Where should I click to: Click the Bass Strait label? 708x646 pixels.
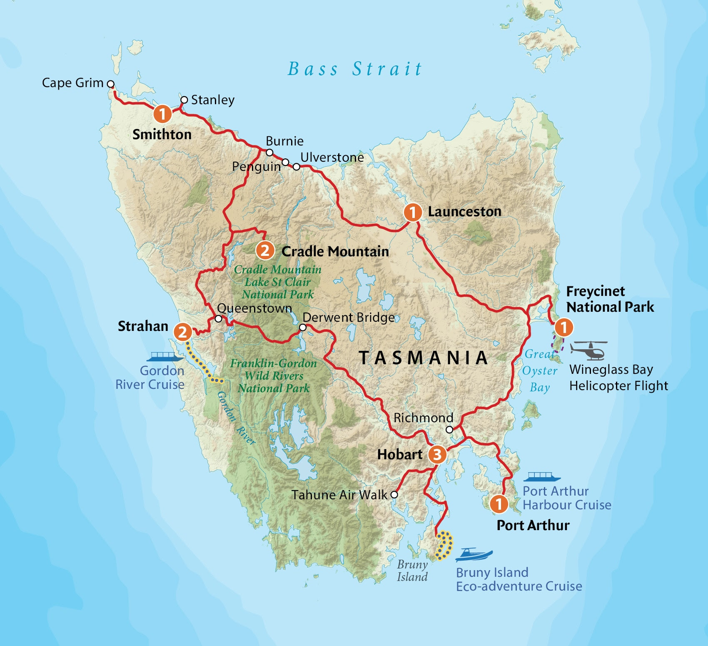[x=355, y=69]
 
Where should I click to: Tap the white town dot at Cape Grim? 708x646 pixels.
[x=111, y=84]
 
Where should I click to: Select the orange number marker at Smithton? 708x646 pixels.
[x=162, y=113]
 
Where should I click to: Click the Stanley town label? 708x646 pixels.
[x=212, y=100]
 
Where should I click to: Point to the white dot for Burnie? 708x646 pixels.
[x=269, y=153]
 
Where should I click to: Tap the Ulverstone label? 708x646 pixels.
[x=332, y=158]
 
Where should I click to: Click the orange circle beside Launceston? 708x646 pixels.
[x=412, y=212]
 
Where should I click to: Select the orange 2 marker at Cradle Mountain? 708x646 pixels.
[x=265, y=250]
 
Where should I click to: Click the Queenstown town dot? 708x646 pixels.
[x=218, y=319]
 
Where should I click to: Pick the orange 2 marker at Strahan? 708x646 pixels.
[x=182, y=332]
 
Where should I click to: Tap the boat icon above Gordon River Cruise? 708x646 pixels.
[x=165, y=357]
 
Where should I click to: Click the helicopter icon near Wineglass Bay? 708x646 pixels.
[x=588, y=350]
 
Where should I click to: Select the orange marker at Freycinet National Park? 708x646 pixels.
[x=563, y=327]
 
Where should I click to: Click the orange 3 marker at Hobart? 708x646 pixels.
[x=437, y=454]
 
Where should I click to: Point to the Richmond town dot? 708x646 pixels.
[x=449, y=429]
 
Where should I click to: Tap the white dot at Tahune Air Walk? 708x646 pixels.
[x=394, y=495]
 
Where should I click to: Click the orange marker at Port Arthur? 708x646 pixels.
[x=499, y=504]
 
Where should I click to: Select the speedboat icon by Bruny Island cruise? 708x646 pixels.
[x=474, y=555]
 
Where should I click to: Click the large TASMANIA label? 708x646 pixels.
[x=423, y=358]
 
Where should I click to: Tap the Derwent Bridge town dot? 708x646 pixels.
[x=303, y=328]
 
